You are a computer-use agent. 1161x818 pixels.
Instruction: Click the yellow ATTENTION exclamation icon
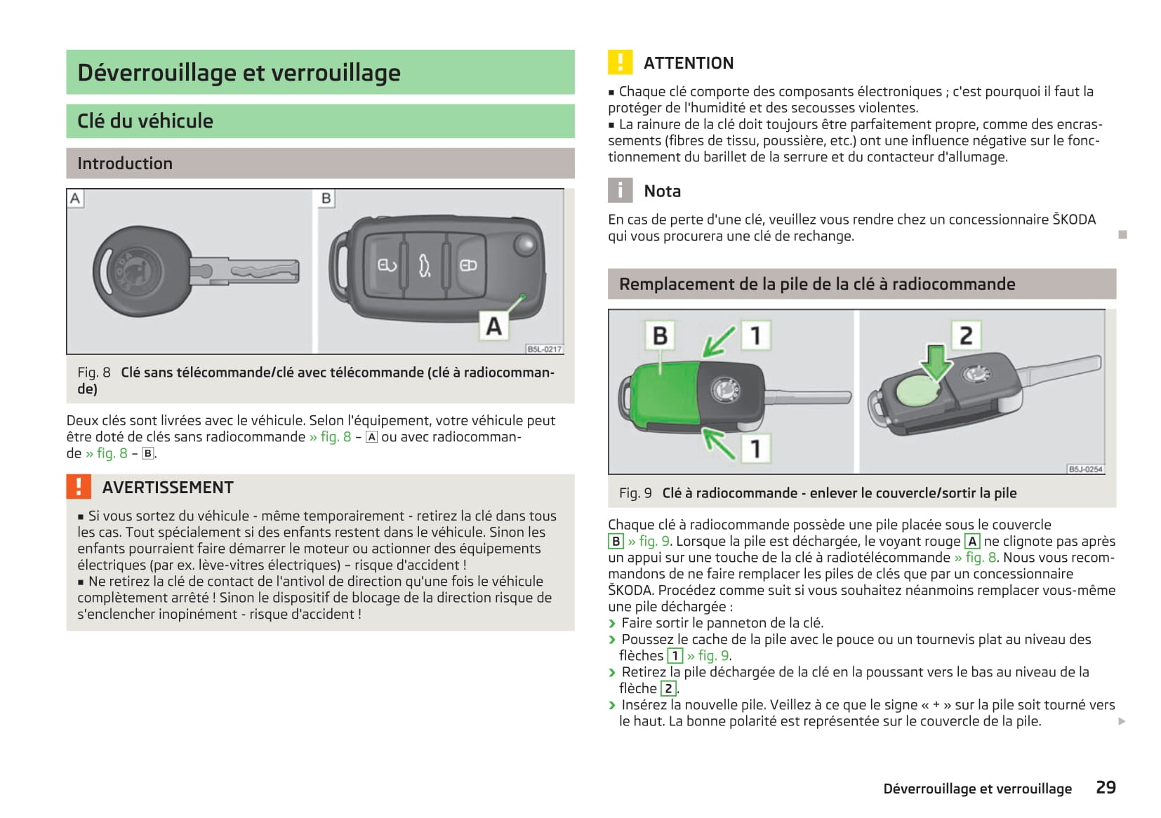tap(620, 62)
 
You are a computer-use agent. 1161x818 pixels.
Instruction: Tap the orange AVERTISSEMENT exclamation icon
tap(79, 487)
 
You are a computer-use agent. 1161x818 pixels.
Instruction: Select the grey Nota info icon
tap(620, 191)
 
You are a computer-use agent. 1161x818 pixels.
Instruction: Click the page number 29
tap(1106, 787)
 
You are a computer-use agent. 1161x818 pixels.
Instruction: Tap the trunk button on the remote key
tap(425, 265)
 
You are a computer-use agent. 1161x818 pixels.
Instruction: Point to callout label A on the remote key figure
tap(494, 326)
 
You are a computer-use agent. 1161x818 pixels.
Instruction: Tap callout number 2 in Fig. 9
tap(966, 335)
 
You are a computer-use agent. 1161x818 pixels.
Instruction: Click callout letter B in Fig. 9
tap(660, 335)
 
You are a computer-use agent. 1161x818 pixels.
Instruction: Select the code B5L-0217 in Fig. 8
tap(544, 349)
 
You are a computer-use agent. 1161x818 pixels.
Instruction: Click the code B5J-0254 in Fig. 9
tap(1085, 469)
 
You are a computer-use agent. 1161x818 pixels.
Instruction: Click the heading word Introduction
tap(125, 163)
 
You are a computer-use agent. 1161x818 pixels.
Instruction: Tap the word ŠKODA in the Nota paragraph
tap(1074, 220)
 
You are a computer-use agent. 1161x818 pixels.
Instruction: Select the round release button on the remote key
tap(524, 244)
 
